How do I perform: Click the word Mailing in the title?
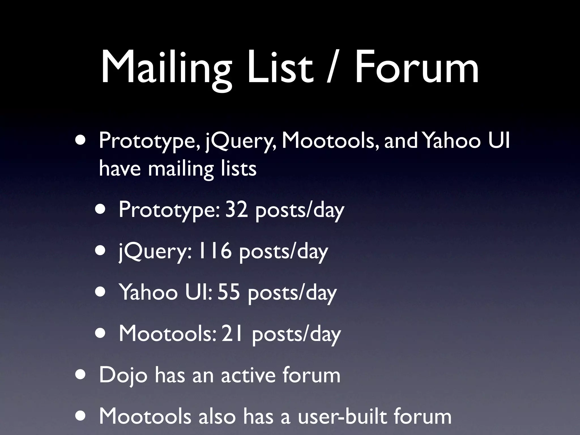(166, 68)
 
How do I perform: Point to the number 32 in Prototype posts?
(236, 210)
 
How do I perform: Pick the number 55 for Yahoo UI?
(229, 292)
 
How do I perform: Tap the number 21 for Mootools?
(232, 334)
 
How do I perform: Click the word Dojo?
(123, 375)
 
